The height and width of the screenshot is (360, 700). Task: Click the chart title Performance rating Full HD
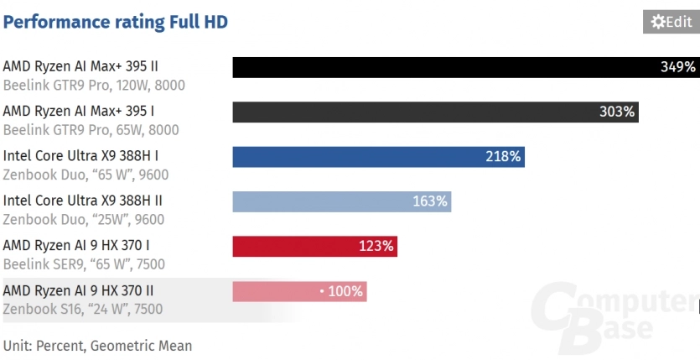(116, 22)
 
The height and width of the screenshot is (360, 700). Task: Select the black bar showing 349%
(465, 67)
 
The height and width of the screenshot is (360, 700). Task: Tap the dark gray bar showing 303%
(435, 112)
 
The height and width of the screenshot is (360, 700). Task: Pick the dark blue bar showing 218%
(378, 157)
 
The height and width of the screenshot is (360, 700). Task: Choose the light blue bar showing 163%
(341, 201)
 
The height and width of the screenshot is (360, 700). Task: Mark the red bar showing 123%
(314, 246)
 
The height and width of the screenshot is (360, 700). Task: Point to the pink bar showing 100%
(299, 291)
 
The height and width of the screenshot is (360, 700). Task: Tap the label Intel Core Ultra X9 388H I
(80, 155)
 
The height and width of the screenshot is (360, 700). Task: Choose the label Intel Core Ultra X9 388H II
(83, 201)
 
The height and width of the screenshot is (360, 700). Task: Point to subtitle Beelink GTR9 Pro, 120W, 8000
(94, 85)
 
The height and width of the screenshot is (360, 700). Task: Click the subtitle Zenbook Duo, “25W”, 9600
(84, 219)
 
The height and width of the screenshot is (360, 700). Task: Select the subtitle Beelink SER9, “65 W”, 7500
(84, 264)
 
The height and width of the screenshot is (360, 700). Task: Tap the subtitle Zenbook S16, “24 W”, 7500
(83, 309)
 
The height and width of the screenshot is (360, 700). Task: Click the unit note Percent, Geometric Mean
(97, 346)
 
